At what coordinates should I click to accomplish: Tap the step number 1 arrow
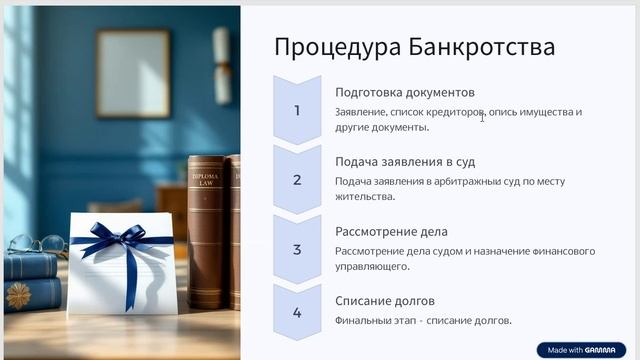[297, 110]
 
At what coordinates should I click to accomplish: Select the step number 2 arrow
[297, 180]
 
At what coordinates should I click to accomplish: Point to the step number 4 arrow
[297, 313]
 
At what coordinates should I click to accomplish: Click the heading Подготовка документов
[404, 92]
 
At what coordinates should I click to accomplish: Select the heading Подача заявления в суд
[405, 162]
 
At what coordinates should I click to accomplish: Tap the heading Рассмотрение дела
[390, 232]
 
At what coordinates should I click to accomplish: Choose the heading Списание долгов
[385, 301]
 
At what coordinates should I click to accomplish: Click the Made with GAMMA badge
[581, 350]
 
